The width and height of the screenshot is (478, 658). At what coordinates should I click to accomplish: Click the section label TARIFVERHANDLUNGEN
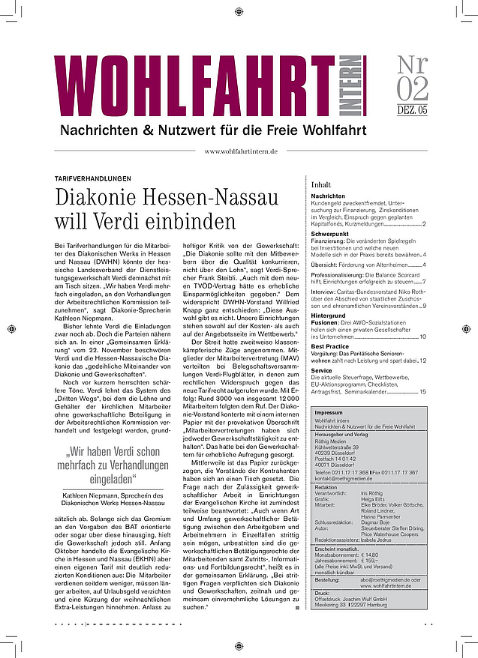(93, 178)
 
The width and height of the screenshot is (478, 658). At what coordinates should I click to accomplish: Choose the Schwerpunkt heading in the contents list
(331, 234)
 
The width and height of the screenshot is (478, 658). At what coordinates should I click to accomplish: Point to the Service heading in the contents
(321, 369)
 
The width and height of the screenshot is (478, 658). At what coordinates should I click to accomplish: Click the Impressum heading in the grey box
(329, 412)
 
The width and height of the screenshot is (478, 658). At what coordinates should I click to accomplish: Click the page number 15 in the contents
(422, 391)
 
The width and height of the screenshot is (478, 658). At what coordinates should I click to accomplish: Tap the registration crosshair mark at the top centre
(239, 11)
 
